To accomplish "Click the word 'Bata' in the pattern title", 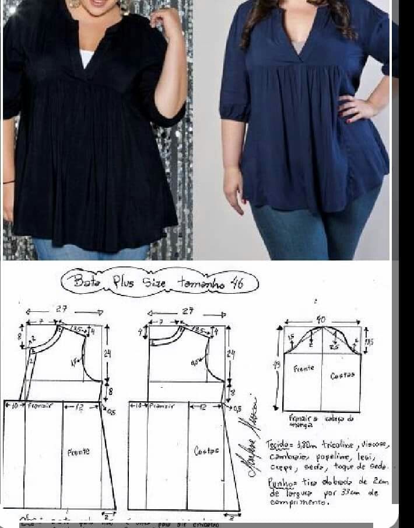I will (87, 281).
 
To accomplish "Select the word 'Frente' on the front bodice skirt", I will (78, 451).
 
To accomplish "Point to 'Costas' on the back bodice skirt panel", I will (206, 451).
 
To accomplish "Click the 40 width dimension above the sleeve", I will (321, 319).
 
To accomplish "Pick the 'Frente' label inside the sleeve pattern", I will (303, 369).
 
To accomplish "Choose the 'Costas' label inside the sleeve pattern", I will (342, 376).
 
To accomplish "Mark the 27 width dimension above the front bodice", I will (61, 310).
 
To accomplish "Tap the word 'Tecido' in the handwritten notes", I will (278, 445).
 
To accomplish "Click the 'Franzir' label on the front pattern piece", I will (38, 405).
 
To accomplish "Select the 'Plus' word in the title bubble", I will (123, 283).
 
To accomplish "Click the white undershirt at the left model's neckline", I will (86, 58).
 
